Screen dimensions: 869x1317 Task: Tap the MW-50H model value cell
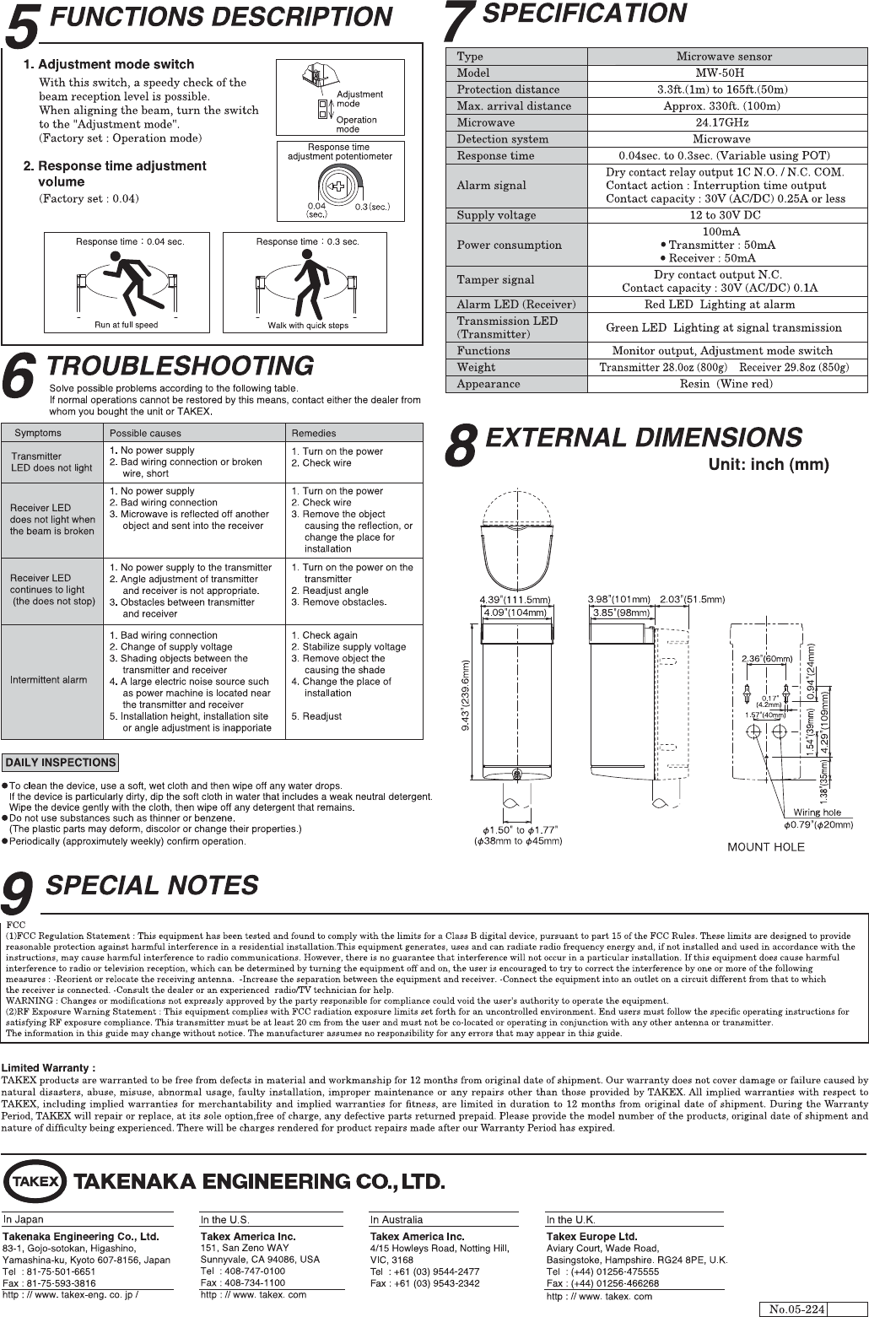(724, 73)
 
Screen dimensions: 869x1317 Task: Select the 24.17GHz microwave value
(724, 122)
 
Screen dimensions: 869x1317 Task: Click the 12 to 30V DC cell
(724, 215)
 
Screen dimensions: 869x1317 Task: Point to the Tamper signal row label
(495, 279)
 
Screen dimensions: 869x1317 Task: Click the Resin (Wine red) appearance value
(724, 384)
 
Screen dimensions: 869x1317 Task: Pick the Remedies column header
(314, 433)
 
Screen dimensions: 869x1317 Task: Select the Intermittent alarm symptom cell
(49, 680)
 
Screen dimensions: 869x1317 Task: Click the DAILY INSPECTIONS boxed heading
(60, 763)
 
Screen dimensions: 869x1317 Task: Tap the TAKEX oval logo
(35, 1180)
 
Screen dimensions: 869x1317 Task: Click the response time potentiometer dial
(337, 186)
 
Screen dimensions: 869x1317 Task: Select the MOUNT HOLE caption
(766, 847)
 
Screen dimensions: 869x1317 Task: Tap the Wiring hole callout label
(817, 812)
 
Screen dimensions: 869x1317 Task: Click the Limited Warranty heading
(48, 1068)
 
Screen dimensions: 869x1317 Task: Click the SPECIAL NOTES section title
(152, 886)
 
